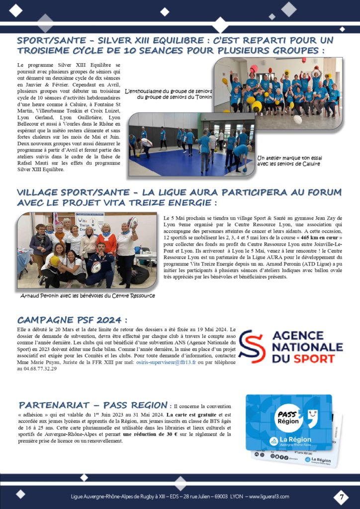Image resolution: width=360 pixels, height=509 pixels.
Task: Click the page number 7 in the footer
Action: click(341, 496)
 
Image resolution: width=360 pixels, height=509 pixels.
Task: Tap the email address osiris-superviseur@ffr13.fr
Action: click(163, 363)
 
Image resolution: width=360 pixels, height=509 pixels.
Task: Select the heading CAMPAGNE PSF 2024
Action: click(72, 320)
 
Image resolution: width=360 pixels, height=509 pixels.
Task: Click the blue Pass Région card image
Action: click(288, 422)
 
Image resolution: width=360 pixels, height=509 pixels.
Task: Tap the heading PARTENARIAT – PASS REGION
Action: click(92, 405)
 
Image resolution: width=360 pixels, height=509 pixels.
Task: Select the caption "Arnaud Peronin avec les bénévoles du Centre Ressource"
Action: click(88, 295)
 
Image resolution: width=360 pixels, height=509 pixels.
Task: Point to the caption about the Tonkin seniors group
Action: click(169, 94)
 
